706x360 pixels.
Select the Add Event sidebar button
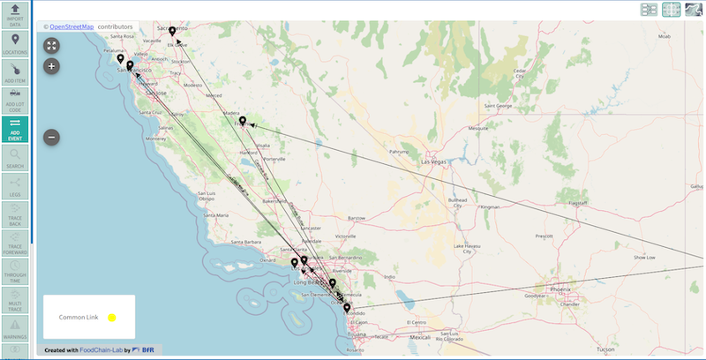[15, 129]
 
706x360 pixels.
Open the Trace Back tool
[15, 215]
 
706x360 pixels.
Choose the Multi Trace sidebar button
[15, 301]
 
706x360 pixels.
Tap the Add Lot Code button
[15, 100]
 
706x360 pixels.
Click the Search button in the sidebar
[15, 157]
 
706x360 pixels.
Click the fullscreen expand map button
[51, 45]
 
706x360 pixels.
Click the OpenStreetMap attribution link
[71, 26]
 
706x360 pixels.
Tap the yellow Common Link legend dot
[112, 317]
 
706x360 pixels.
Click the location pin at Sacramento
[173, 32]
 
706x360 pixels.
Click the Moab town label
[664, 36]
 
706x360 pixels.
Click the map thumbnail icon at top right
[695, 9]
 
